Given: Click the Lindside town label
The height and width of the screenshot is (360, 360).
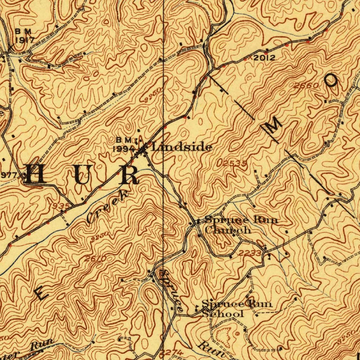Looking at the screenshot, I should click(x=181, y=147).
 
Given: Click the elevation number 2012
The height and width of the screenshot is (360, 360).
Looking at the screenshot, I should click(x=264, y=58).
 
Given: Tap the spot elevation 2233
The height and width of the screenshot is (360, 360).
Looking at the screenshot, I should click(x=250, y=253).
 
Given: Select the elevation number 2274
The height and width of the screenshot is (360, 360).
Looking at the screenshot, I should click(x=172, y=352).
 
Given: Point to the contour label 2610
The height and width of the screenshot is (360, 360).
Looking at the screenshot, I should click(x=95, y=259).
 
